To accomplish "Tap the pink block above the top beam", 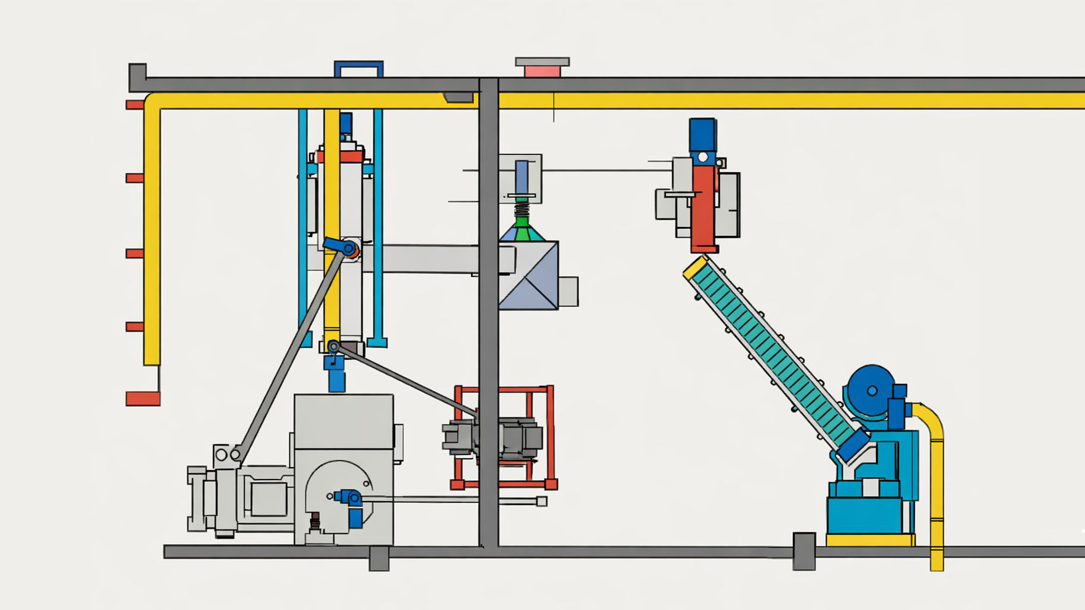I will (542, 71).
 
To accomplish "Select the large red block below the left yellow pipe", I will (142, 398).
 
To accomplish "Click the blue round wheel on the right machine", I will (871, 391).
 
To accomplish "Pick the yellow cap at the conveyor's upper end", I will (695, 267).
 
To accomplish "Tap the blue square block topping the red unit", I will (702, 134).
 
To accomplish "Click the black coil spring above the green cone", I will (522, 209).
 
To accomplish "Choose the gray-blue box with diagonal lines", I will (528, 275).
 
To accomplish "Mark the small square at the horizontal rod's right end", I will (541, 501).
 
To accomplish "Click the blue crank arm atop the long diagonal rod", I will (341, 246).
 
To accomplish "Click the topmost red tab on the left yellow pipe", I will (134, 104).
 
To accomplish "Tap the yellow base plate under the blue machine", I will (870, 541).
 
